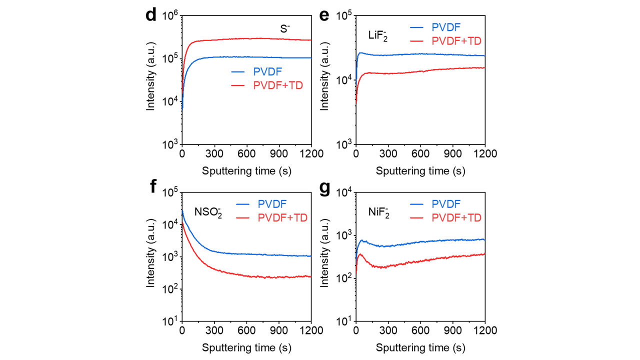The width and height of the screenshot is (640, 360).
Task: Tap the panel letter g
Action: [324, 188]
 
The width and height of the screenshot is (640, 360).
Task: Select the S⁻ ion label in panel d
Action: [284, 29]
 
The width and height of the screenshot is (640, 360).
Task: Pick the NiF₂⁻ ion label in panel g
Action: [378, 211]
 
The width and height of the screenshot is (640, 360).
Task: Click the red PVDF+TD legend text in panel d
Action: [278, 85]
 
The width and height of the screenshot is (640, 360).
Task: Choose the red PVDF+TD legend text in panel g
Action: [456, 217]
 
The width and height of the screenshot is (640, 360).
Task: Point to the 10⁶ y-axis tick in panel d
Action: [169, 16]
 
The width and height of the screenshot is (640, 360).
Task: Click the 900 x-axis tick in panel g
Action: [452, 330]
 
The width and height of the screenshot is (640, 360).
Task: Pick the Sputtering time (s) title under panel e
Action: [420, 170]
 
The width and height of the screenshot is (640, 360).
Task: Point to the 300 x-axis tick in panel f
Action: [214, 330]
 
